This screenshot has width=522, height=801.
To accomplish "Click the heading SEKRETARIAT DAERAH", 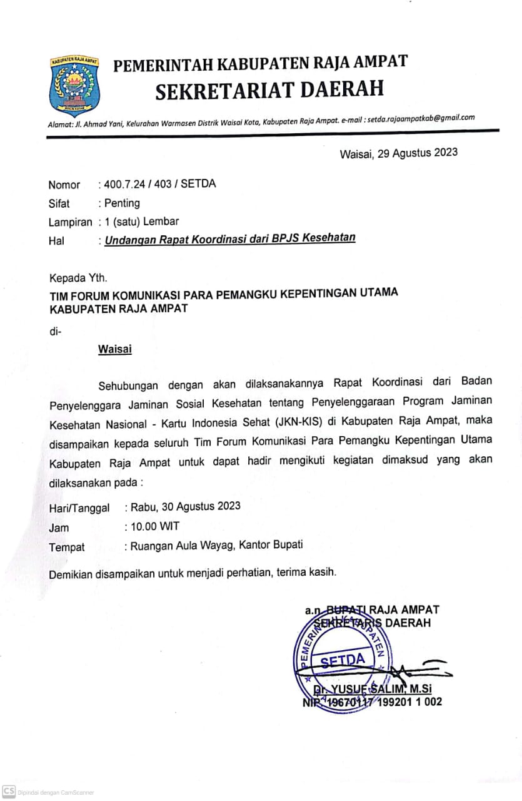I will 269,89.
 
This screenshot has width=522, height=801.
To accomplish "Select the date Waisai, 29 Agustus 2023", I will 398,153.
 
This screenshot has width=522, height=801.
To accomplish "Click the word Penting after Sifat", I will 123,203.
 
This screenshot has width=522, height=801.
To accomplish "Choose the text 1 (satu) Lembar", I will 141,222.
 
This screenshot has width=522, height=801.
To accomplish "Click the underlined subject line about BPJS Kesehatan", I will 230,238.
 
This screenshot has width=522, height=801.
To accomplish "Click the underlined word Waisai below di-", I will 114,349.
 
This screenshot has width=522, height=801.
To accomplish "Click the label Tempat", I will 67,548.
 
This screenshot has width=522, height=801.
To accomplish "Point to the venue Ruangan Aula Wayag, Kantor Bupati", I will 216,545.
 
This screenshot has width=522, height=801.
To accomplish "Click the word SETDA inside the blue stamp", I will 343,661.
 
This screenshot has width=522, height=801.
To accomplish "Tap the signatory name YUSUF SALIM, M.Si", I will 381,689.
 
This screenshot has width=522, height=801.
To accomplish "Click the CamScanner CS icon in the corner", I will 9,791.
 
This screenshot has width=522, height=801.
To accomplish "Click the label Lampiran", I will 71,222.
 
